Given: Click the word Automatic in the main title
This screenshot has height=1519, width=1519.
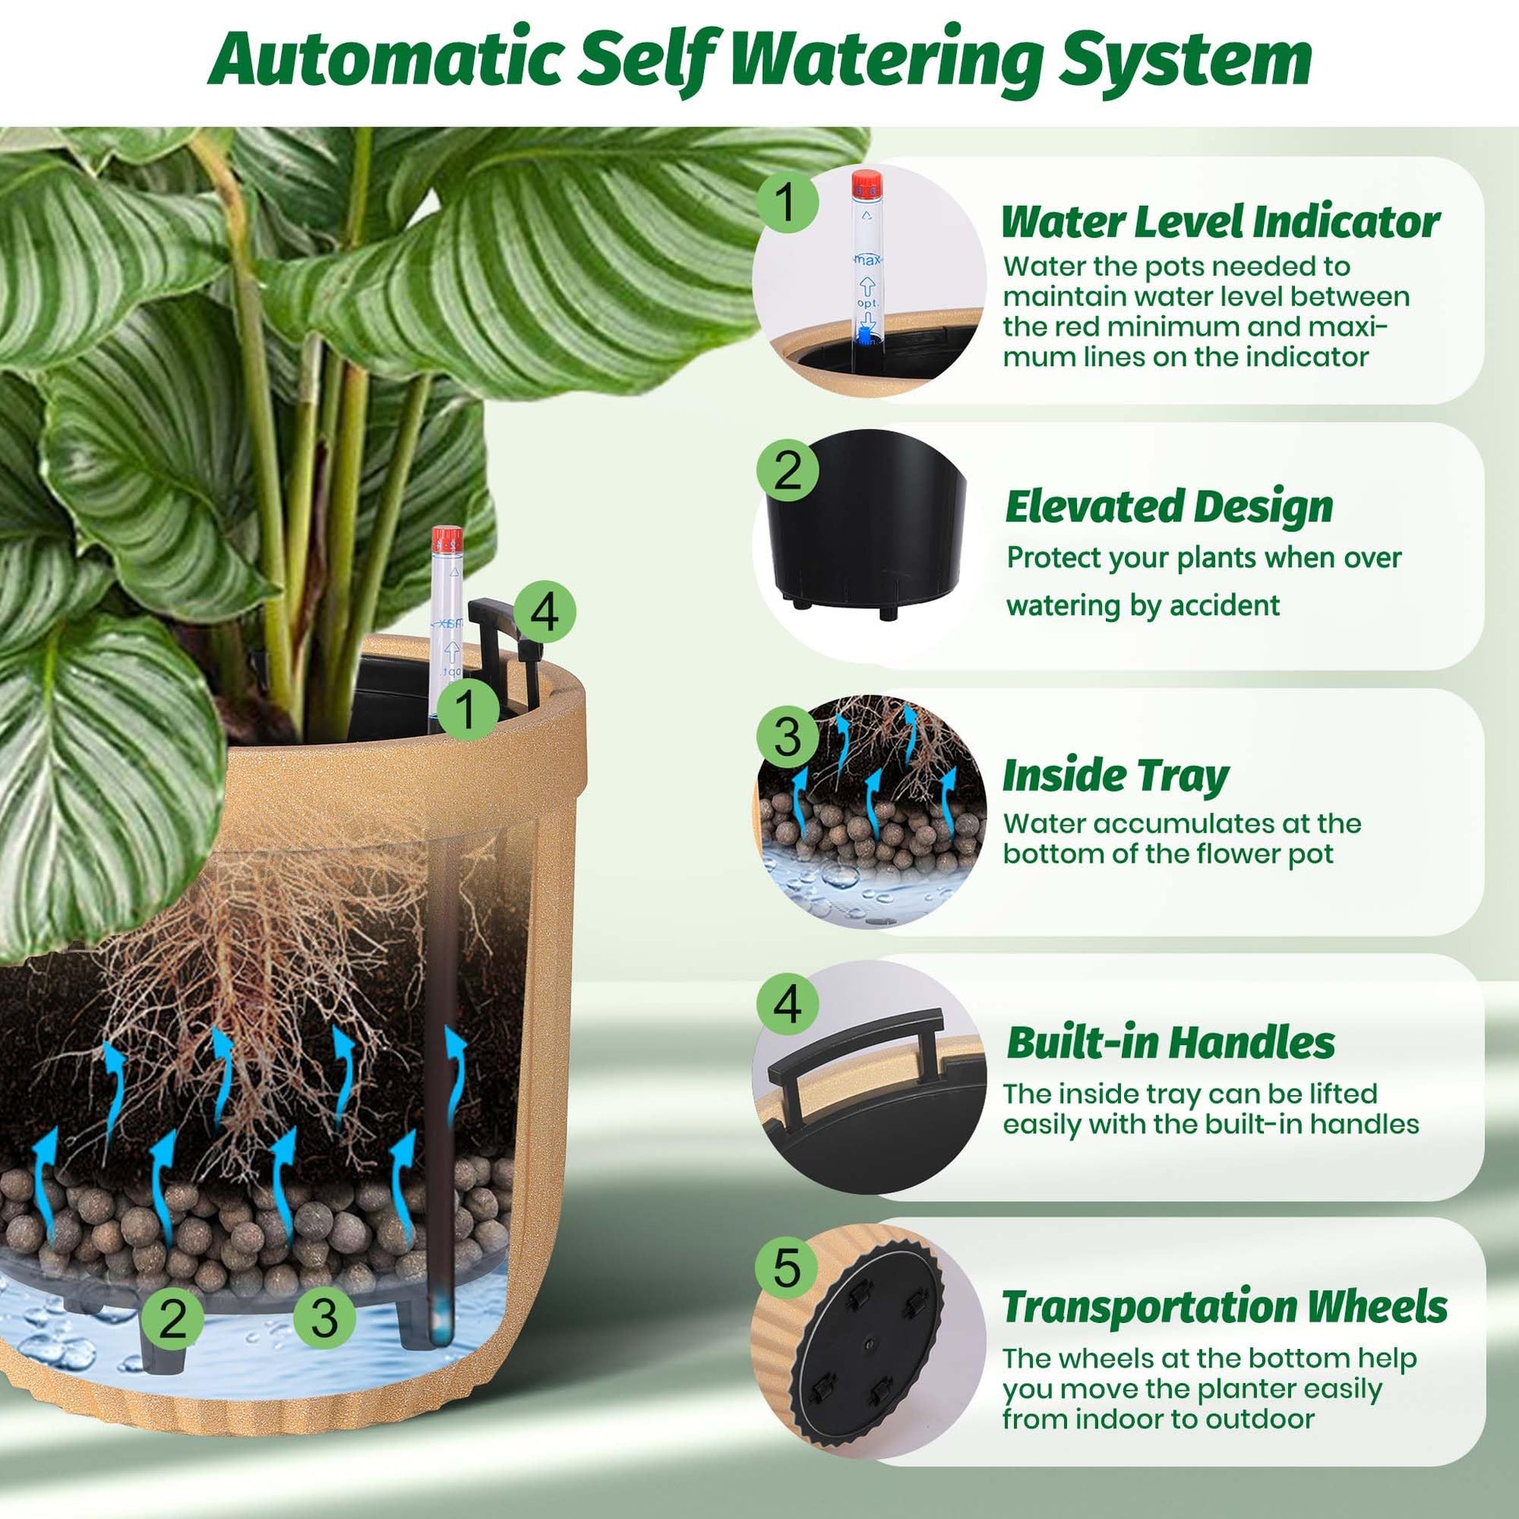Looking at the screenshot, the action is click(386, 60).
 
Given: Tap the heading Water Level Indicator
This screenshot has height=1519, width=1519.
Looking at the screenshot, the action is click(1220, 222).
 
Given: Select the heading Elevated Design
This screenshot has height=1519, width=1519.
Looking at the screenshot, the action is click(1169, 506).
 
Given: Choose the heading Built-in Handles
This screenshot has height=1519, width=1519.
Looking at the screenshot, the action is click(1171, 1043).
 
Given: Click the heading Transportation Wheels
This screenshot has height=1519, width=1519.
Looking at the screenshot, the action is click(1225, 1307).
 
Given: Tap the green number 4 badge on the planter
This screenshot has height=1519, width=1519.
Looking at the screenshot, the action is click(545, 613).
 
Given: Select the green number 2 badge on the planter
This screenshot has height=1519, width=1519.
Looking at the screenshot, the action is click(173, 1318).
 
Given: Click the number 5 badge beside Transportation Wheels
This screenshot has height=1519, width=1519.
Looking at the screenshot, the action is click(787, 1268).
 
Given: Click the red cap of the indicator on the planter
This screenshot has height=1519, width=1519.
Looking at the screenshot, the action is click(447, 540).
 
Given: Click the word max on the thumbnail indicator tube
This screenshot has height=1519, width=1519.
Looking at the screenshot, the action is click(867, 259).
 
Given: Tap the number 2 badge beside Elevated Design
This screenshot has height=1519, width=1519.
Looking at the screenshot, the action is click(787, 471).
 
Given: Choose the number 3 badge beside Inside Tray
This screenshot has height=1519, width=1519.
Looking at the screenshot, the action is click(787, 738).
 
